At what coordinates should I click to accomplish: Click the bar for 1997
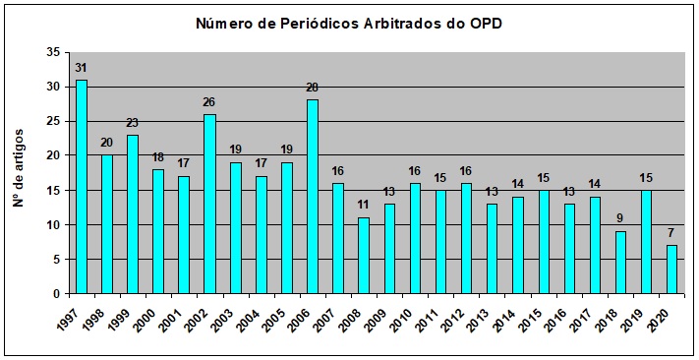pyautogui.click(x=82, y=187)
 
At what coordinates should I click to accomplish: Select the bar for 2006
pyautogui.click(x=313, y=197)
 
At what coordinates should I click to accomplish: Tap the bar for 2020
pyautogui.click(x=671, y=270)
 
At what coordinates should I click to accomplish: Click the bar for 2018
pyautogui.click(x=620, y=263)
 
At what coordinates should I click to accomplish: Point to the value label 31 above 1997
pyautogui.click(x=82, y=68)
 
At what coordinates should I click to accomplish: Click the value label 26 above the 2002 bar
pyautogui.click(x=209, y=102)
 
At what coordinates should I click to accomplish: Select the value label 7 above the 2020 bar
pyautogui.click(x=671, y=234)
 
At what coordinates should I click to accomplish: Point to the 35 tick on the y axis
pyautogui.click(x=53, y=52)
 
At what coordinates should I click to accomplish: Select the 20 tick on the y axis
pyautogui.click(x=53, y=155)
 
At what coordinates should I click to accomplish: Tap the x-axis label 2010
pyautogui.click(x=401, y=317)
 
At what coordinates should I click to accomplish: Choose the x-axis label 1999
pyautogui.click(x=119, y=317)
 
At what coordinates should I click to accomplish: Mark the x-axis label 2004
pyautogui.click(x=248, y=317)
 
